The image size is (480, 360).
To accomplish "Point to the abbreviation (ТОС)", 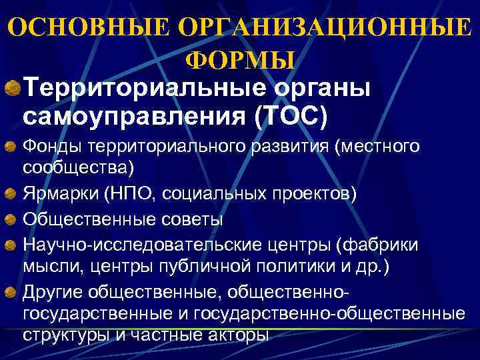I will point(291,116).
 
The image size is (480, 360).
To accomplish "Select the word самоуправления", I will point(134,116).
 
